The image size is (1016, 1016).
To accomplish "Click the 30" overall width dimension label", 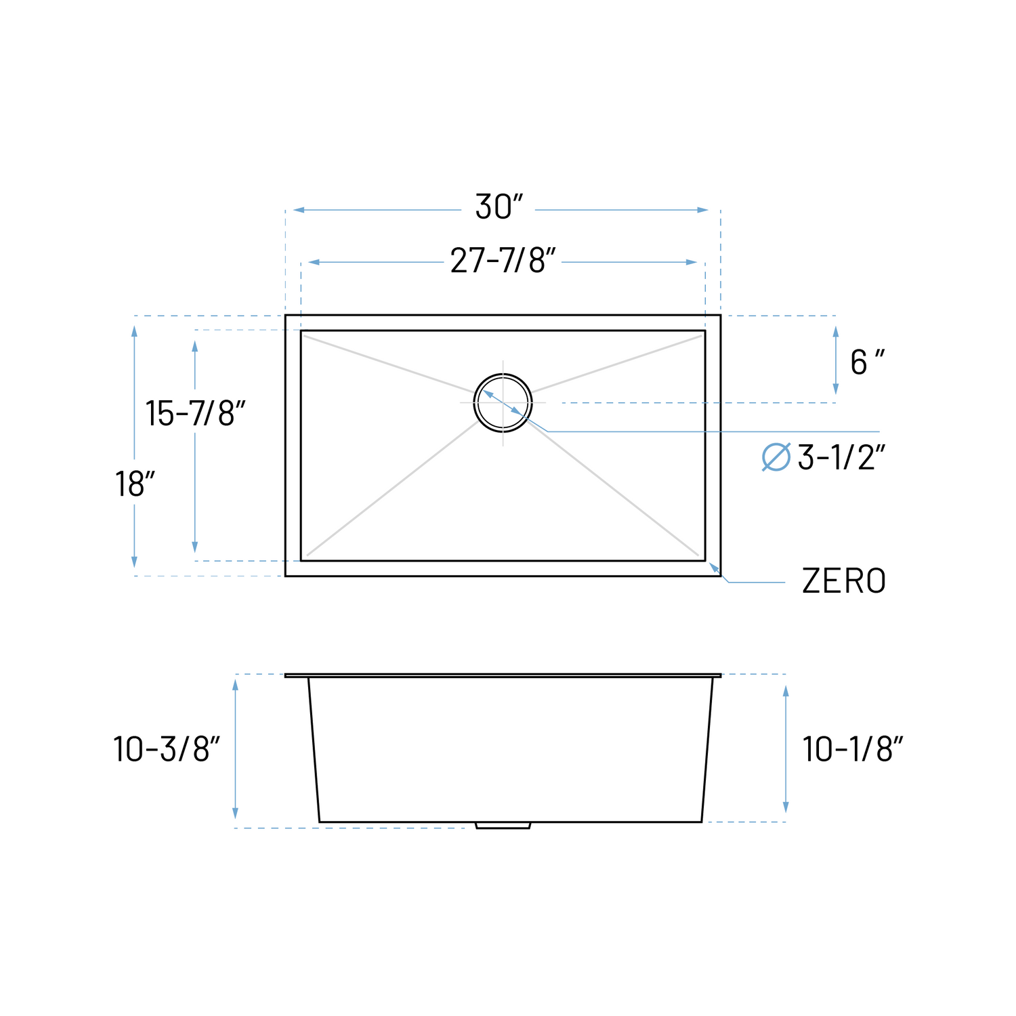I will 499,207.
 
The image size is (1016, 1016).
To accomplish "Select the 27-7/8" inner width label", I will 503,261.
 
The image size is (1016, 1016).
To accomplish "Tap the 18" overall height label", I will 135,484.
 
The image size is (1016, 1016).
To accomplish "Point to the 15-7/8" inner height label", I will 195,412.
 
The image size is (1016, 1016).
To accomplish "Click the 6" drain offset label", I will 867,362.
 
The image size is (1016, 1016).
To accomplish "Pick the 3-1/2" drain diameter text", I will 841,458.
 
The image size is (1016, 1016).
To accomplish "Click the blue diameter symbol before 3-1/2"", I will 776,457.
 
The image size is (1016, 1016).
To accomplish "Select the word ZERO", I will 843,581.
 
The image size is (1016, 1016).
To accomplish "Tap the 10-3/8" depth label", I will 167,749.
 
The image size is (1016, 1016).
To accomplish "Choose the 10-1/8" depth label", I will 853,749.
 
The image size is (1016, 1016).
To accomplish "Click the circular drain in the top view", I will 503,403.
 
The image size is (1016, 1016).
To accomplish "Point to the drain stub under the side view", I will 503,826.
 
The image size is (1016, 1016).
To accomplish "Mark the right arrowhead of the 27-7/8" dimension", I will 692,262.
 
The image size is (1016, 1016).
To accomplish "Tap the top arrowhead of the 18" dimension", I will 134,331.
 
